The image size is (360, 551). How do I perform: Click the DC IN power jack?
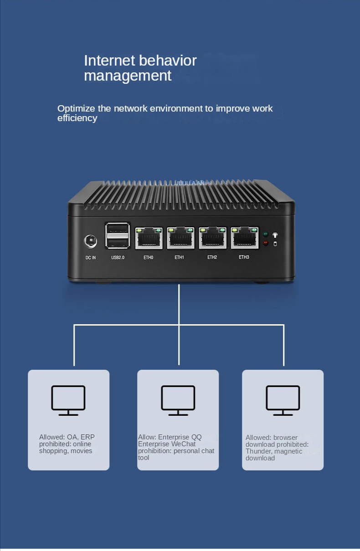tap(91, 241)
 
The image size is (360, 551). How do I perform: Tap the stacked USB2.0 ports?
tap(118, 236)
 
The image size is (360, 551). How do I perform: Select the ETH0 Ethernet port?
tap(149, 238)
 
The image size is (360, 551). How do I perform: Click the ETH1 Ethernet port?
tap(180, 238)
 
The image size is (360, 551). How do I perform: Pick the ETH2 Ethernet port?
tap(212, 238)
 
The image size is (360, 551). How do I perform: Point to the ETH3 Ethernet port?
tap(244, 238)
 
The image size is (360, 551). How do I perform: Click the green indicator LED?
tap(266, 235)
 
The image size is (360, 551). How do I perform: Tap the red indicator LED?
tap(266, 244)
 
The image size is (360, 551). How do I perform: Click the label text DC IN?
tap(91, 258)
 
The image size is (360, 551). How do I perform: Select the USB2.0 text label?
tap(118, 258)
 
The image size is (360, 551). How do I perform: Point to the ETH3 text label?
tap(244, 257)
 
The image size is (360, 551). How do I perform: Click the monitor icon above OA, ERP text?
tap(68, 400)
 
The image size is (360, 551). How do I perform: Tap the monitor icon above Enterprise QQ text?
tap(178, 400)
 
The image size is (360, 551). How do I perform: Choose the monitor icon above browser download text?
tap(283, 400)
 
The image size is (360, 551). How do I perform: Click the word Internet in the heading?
tap(109, 61)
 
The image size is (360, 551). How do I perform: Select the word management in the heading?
tap(128, 76)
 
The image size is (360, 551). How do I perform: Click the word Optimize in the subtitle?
tap(77, 108)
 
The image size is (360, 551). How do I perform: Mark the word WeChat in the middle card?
tap(184, 444)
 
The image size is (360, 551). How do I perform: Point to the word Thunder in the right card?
tap(258, 451)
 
